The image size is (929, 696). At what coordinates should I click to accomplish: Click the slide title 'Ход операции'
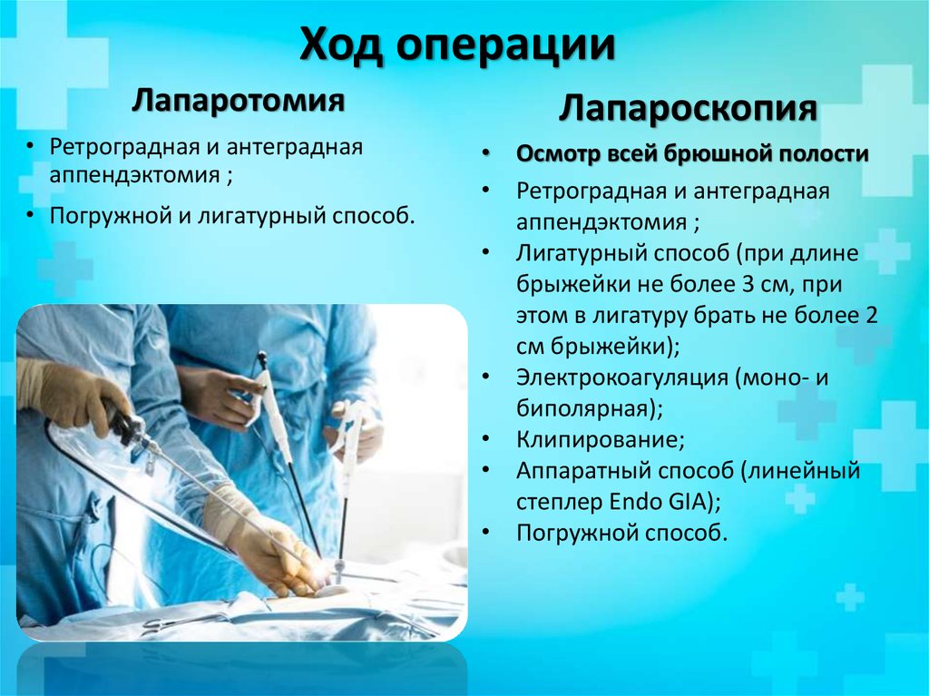click(458, 45)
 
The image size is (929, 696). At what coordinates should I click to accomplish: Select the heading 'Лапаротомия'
click(239, 100)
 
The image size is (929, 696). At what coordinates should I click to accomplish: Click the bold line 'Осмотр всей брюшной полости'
click(692, 154)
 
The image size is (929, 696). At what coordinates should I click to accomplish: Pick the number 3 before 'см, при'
click(748, 284)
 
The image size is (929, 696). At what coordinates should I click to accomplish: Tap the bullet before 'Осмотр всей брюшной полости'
click(487, 154)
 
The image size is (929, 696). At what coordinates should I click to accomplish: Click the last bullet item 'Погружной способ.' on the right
click(621, 533)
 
